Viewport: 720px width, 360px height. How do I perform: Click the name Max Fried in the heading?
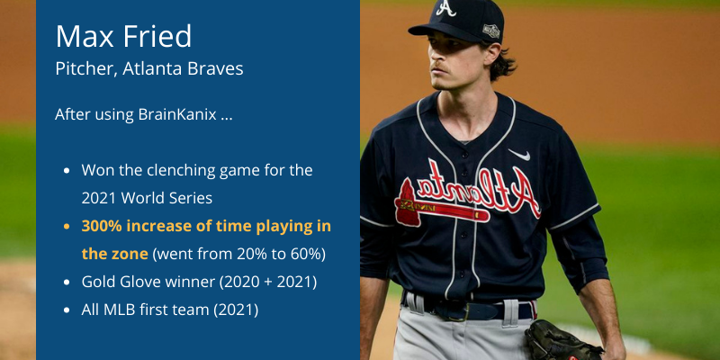pyautogui.click(x=123, y=36)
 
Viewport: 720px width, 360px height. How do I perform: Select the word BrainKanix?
pyautogui.click(x=177, y=114)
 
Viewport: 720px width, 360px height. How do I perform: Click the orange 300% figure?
pyautogui.click(x=102, y=227)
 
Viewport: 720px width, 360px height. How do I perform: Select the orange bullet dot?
pyautogui.click(x=67, y=227)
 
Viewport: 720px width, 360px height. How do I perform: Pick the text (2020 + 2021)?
pyautogui.click(x=268, y=282)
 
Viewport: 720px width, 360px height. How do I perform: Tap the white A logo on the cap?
pyautogui.click(x=445, y=8)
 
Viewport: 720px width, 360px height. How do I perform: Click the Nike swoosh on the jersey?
pyautogui.click(x=519, y=155)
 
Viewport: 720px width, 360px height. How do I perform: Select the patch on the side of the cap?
pyautogui.click(x=490, y=31)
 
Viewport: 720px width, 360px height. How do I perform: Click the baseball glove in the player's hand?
pyautogui.click(x=563, y=341)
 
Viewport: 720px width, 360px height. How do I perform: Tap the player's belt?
pyautogui.click(x=468, y=309)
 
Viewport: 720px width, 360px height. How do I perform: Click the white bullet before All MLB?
pyautogui.click(x=67, y=310)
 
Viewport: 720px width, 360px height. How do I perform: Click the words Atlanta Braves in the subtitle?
pyautogui.click(x=183, y=69)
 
